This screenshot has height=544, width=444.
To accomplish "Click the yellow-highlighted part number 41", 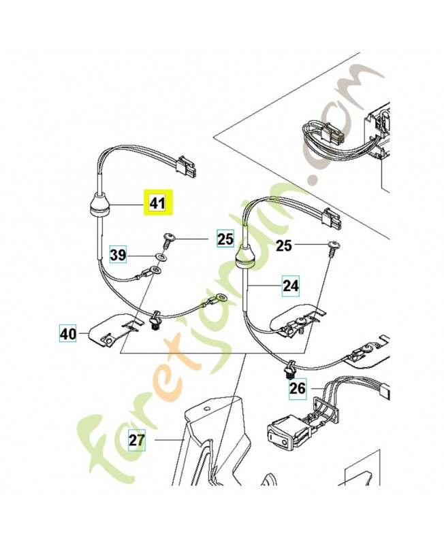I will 157,203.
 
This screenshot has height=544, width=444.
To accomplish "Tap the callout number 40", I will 68,333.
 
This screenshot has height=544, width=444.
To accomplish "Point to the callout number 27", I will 137,440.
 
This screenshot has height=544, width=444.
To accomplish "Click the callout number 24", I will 291,286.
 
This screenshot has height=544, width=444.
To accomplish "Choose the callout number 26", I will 298,389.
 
